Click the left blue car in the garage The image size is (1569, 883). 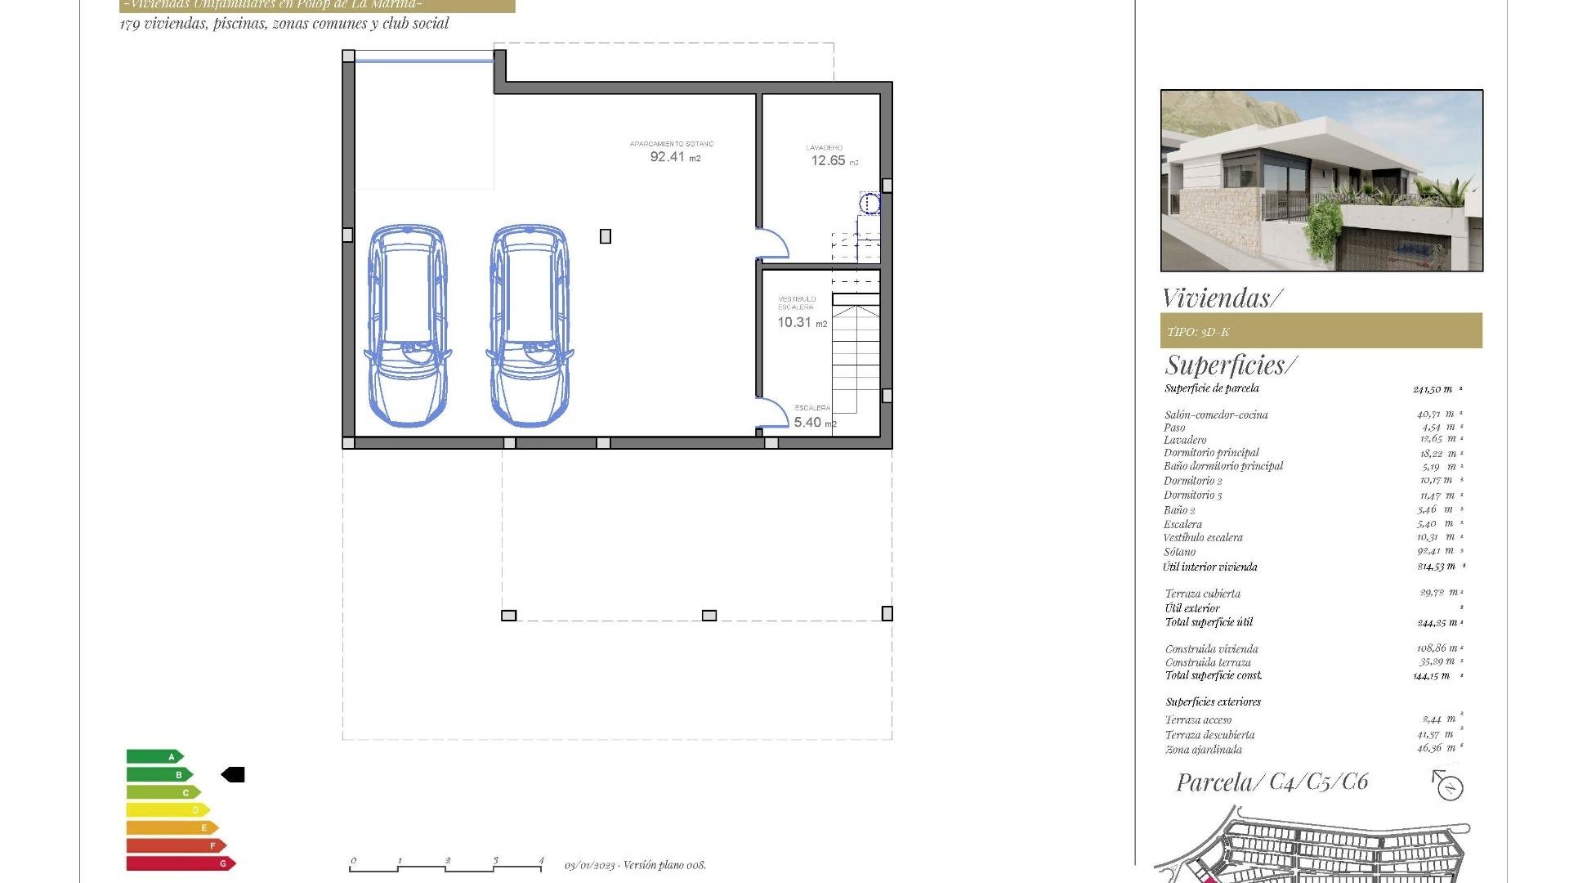(x=407, y=325)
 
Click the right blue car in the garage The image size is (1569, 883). (x=530, y=325)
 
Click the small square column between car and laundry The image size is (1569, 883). (x=606, y=236)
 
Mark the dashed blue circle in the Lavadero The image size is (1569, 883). (x=869, y=203)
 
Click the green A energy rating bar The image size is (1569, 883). (x=154, y=757)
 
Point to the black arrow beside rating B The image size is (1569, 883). (x=234, y=774)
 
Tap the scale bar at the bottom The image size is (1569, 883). (x=446, y=866)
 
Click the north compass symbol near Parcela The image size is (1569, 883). (x=1449, y=787)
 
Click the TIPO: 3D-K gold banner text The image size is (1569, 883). (x=1198, y=332)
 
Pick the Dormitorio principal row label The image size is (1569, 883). (x=1211, y=453)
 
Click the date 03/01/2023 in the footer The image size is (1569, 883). (x=588, y=865)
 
